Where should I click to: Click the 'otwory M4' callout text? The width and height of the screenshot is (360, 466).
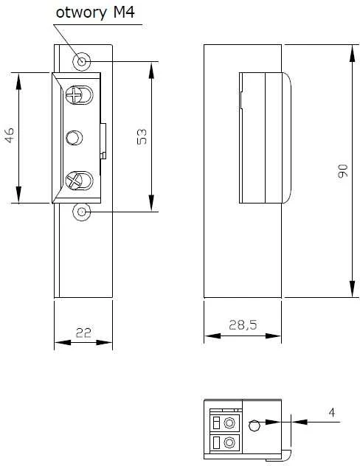[x=95, y=13]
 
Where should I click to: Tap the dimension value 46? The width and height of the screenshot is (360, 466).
[x=10, y=135]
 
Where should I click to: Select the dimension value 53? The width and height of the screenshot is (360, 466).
[x=142, y=136]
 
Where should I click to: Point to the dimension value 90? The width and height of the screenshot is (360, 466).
[x=342, y=170]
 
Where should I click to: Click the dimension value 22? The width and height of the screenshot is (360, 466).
[x=83, y=333]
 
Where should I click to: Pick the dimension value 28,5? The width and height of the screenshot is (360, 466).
[x=243, y=325]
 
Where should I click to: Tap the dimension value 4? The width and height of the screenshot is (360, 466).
[x=332, y=412]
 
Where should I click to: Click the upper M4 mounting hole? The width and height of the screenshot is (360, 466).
[x=81, y=62]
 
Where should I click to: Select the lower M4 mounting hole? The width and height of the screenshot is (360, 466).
[x=81, y=212]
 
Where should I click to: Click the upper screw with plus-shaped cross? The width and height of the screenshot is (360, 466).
[x=73, y=95]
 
